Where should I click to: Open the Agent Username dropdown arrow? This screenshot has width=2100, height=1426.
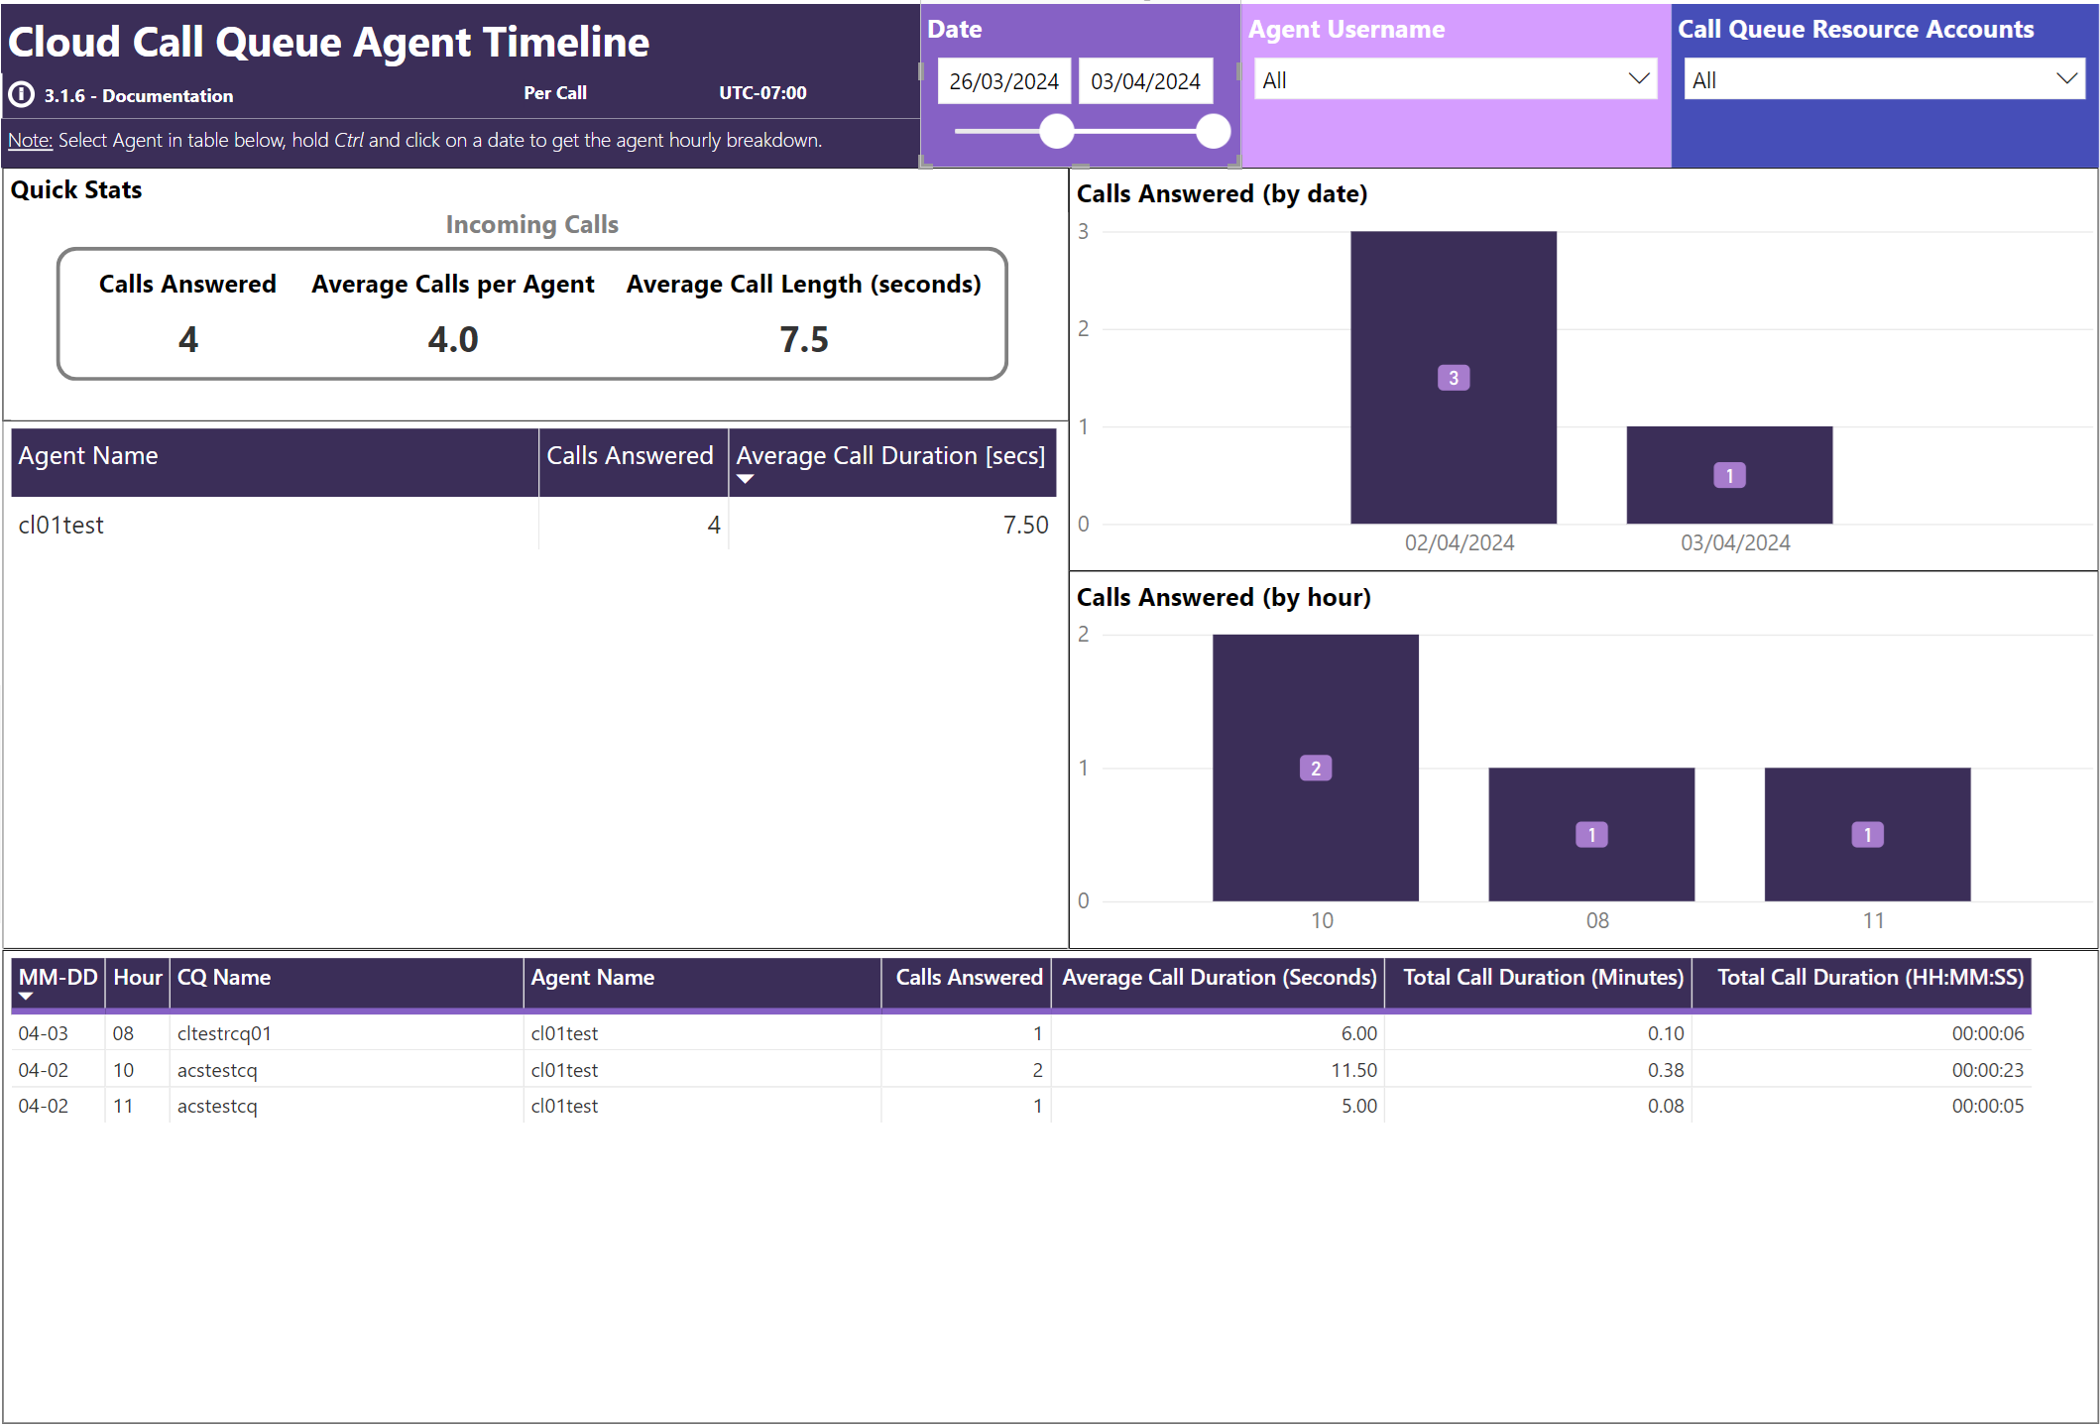coord(1638,79)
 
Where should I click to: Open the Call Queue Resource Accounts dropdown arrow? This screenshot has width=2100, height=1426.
coord(2066,79)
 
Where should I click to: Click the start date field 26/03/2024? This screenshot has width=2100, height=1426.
coord(1003,81)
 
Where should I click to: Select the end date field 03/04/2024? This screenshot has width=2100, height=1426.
coord(1145,81)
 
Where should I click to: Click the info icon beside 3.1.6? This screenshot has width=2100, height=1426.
coord(21,94)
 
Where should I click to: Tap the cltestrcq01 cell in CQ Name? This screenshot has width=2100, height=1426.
coord(224,1033)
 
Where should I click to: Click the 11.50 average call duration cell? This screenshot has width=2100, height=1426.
coord(1353,1070)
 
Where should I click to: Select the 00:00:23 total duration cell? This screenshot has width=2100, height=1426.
coord(1987,1070)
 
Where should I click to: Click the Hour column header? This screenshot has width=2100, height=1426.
coord(137,978)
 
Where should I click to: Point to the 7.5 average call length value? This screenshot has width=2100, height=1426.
coord(803,340)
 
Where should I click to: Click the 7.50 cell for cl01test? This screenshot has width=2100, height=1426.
coord(1025,525)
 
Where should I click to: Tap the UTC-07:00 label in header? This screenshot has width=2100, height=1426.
coord(762,93)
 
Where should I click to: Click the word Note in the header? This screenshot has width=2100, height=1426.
coord(30,140)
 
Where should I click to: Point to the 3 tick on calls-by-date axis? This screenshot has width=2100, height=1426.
coord(1084,232)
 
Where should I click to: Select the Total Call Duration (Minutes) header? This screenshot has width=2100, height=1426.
coord(1543,978)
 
